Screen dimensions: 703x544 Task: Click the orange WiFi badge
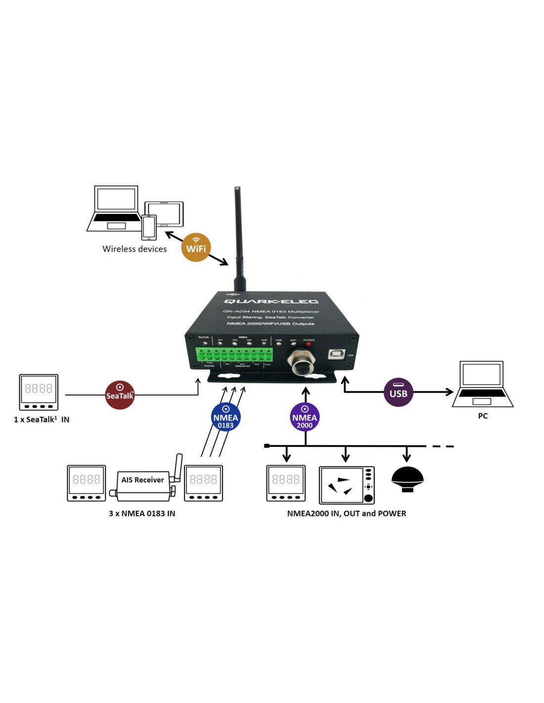pyautogui.click(x=196, y=247)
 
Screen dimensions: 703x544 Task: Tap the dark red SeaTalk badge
pyautogui.click(x=120, y=395)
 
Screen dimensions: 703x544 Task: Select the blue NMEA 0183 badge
pyautogui.click(x=226, y=417)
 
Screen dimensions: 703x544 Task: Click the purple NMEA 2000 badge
pyautogui.click(x=305, y=417)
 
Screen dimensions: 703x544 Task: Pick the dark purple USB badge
pyautogui.click(x=398, y=393)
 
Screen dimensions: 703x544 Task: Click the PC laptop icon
pyautogui.click(x=482, y=385)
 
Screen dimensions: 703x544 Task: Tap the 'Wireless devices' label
pyautogui.click(x=135, y=249)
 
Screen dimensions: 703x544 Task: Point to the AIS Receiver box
pyautogui.click(x=142, y=480)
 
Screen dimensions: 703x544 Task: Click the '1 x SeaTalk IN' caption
pyautogui.click(x=42, y=420)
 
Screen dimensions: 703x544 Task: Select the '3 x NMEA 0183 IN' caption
pyautogui.click(x=142, y=514)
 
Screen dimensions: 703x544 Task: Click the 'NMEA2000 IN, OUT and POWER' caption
pyautogui.click(x=346, y=514)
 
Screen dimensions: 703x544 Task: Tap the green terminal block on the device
pyautogui.click(x=234, y=354)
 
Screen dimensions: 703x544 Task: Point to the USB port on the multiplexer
pyautogui.click(x=337, y=354)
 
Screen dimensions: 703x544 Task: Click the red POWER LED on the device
pyautogui.click(x=309, y=344)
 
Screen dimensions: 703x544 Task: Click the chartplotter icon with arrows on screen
pyautogui.click(x=346, y=485)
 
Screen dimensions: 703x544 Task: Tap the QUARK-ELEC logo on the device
pyautogui.click(x=271, y=302)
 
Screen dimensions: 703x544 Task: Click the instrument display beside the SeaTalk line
pyautogui.click(x=39, y=392)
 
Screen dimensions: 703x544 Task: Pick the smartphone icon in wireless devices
pyautogui.click(x=149, y=227)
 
